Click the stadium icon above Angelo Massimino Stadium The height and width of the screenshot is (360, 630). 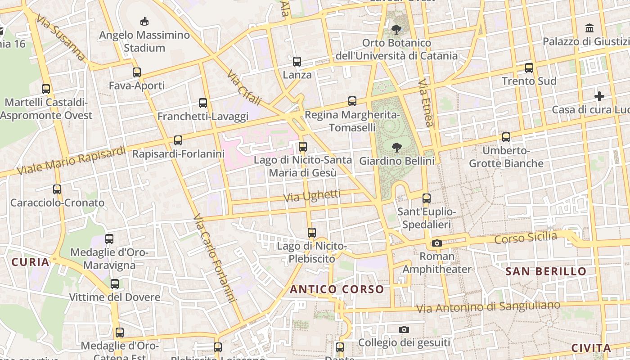(x=144, y=21)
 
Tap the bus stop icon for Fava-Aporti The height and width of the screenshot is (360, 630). (x=137, y=72)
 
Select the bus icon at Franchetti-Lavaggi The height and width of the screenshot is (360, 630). (x=203, y=103)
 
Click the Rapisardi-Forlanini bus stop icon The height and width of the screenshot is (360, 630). (x=178, y=140)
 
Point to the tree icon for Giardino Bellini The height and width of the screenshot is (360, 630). (x=396, y=147)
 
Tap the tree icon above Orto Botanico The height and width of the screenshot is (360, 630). (x=396, y=30)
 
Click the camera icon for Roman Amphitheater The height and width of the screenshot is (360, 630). (x=436, y=243)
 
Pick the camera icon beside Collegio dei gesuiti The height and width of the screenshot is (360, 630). (x=404, y=329)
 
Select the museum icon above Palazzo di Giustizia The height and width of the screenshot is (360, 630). (x=589, y=28)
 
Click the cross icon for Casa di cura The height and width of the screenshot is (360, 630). (x=599, y=96)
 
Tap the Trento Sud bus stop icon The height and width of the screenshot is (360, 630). (x=529, y=68)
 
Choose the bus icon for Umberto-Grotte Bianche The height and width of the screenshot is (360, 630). (x=506, y=137)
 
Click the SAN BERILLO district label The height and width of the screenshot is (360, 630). (x=546, y=271)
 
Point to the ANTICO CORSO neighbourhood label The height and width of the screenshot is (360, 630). (x=337, y=289)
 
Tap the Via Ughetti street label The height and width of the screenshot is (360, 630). (x=312, y=196)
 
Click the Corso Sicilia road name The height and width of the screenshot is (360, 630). (x=526, y=238)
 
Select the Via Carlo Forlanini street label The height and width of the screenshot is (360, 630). (x=215, y=259)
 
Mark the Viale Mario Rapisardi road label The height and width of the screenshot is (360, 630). (x=71, y=160)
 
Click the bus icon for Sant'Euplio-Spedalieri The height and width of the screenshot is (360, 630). (x=427, y=198)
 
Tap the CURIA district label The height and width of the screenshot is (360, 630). (x=30, y=262)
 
